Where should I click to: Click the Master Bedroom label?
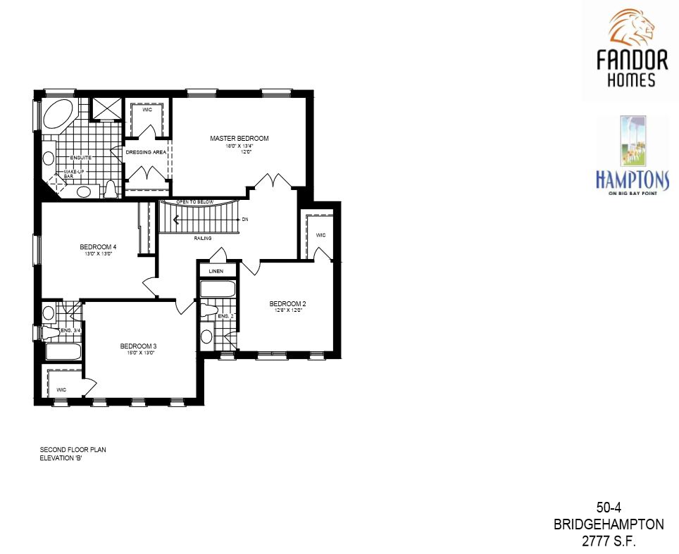coord(239,139)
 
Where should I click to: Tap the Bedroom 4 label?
coord(97,246)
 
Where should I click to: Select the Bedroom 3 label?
coord(137,346)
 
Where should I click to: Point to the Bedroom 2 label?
coord(287,304)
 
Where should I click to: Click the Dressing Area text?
coord(145,152)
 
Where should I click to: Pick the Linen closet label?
coord(216,271)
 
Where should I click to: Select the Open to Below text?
coord(195,201)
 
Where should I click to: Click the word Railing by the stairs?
coord(203,239)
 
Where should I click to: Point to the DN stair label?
coord(245,220)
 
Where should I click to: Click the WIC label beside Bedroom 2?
coord(320,235)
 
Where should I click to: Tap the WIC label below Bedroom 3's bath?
coord(61,389)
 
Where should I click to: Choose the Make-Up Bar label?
coord(74,174)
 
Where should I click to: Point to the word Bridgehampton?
coord(609,524)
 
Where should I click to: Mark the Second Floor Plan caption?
coord(73,449)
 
